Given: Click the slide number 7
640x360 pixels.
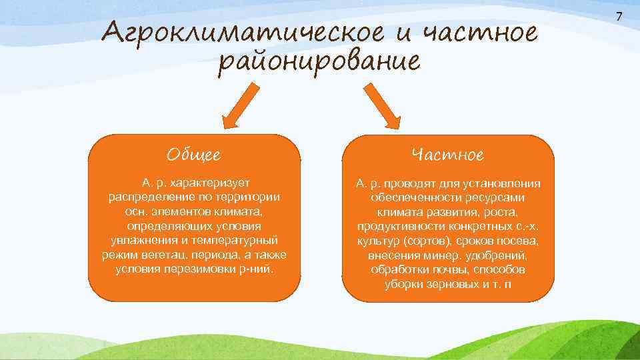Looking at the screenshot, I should [x=618, y=16].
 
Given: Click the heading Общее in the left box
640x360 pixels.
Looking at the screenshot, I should [x=194, y=155].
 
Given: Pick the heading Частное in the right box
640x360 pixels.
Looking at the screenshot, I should [x=448, y=155].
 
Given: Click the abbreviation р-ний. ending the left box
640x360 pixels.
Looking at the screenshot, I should [x=261, y=269].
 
